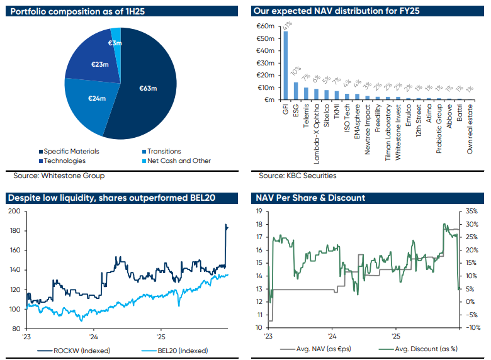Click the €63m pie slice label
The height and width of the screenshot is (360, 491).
coord(148,89)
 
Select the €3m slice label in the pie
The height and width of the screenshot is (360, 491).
coord(115,43)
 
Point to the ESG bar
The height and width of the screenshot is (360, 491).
coord(296,91)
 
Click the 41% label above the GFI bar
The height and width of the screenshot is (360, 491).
coord(286,26)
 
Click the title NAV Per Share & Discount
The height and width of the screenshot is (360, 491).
coord(310,198)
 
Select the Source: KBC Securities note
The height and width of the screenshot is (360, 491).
coord(297,176)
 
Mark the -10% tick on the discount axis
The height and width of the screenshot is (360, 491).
coord(474,327)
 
